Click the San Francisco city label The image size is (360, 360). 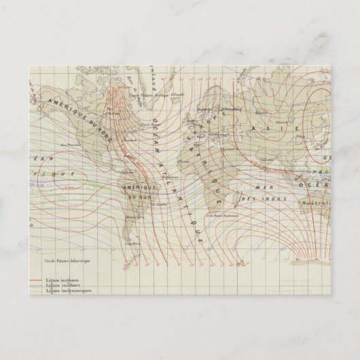pyautogui.click(x=66, y=145)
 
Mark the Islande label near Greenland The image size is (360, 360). pyautogui.click(x=177, y=85)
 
